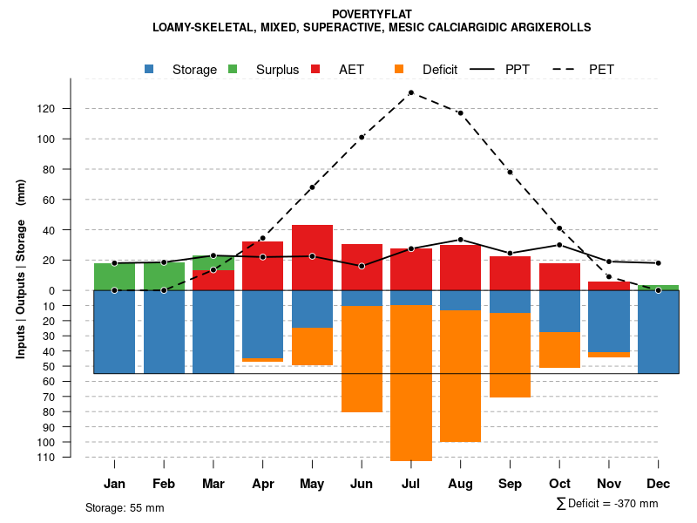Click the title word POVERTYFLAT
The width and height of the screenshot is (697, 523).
coord(371,14)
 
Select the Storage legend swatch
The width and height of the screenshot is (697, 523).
coord(150,69)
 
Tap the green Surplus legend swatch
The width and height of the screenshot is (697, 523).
coord(233,69)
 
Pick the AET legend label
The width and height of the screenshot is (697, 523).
coord(352,70)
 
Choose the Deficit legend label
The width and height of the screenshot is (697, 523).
coord(440,70)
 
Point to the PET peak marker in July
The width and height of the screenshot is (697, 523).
coord(410,92)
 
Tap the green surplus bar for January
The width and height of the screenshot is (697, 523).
coord(114,276)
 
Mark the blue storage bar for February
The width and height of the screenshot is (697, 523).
coord(164,331)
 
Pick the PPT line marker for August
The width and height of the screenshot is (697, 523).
coord(460,240)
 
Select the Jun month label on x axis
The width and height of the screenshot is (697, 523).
coord(362,484)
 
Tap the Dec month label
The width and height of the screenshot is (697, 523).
coord(659,484)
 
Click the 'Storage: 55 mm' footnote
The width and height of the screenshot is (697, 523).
coord(125,507)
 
